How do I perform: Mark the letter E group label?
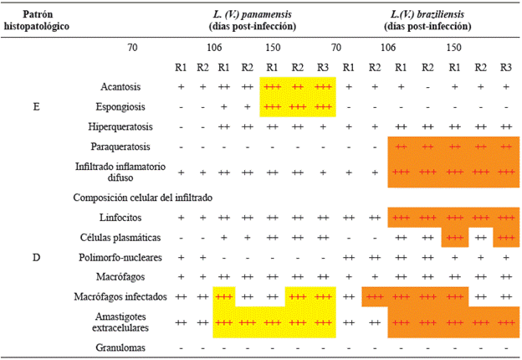click(36, 106)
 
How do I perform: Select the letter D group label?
click(36, 256)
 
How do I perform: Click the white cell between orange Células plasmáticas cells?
click(479, 237)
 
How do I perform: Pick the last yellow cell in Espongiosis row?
click(323, 106)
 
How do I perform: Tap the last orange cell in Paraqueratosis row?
click(505, 147)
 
